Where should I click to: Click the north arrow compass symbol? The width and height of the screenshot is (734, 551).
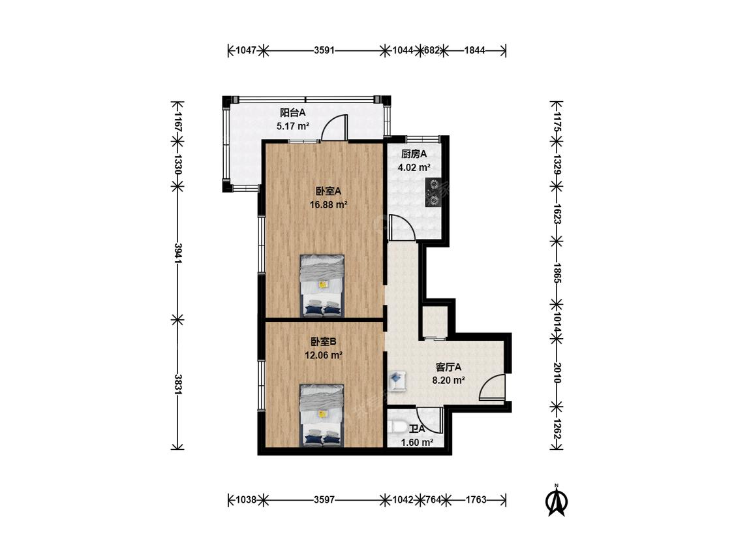556,500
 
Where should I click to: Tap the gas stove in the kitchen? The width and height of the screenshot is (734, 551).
434,193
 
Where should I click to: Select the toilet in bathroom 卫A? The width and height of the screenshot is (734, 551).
397,428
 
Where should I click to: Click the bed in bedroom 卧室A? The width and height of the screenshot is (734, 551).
322,285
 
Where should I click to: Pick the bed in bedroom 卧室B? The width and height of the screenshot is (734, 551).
322,415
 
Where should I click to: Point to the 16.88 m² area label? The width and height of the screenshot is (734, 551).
329,205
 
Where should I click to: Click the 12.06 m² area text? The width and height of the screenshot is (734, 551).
324,355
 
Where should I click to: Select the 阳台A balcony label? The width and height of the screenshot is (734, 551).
292,112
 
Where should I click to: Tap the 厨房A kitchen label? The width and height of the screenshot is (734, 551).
414,153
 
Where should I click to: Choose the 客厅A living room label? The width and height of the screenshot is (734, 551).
448,367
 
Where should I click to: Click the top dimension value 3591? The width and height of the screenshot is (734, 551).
324,50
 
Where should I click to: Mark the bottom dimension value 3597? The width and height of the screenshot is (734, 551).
324,500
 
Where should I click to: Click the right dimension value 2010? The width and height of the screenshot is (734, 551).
557,373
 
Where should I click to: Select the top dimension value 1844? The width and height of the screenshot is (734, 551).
475,50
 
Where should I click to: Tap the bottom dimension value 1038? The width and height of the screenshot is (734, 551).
246,500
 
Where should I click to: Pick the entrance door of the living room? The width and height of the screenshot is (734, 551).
492,388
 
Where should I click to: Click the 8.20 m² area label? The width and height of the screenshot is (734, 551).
448,381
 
